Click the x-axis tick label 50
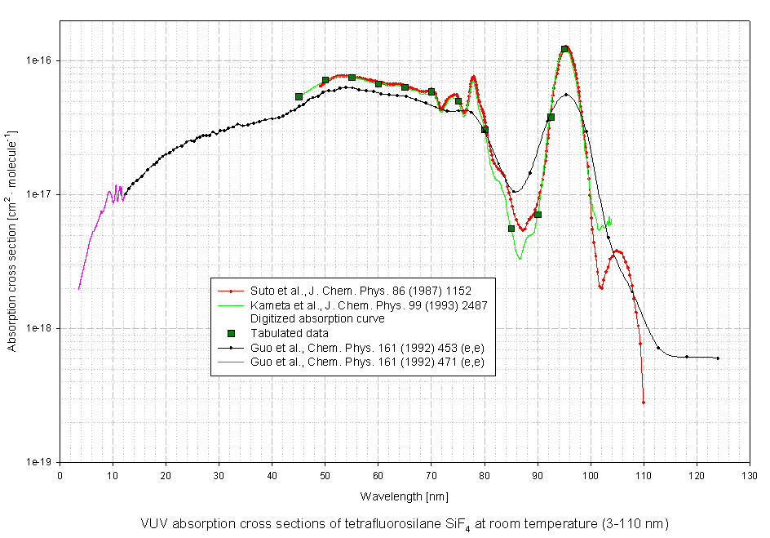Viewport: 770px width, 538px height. click(x=325, y=474)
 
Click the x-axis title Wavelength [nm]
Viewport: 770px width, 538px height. click(x=404, y=496)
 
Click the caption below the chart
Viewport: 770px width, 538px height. click(x=404, y=523)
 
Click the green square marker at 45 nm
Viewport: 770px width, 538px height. click(x=299, y=96)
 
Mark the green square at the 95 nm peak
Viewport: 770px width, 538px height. click(x=564, y=49)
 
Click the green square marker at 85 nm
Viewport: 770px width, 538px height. click(x=511, y=229)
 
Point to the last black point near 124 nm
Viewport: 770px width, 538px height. click(x=718, y=358)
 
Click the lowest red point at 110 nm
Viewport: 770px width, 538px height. click(x=644, y=402)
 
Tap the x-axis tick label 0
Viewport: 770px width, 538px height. click(x=60, y=474)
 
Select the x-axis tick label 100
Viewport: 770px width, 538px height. click(x=591, y=474)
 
